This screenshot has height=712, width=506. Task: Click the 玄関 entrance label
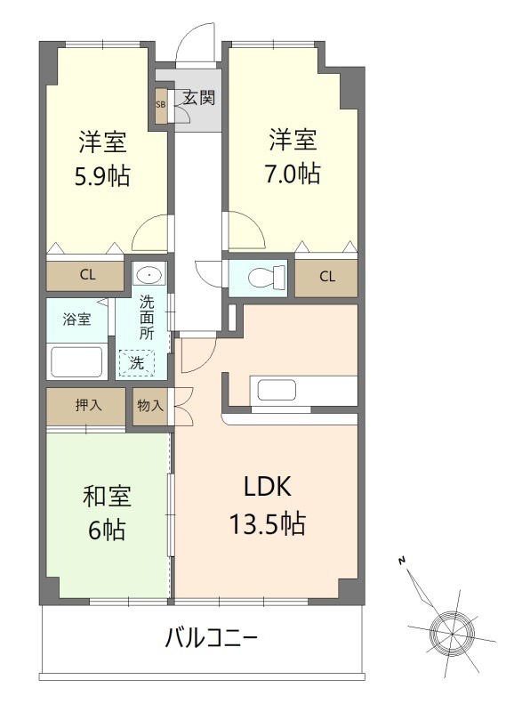(x=199, y=96)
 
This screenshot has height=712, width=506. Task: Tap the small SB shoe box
(x=161, y=104)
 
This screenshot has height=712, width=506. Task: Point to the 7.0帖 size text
(x=293, y=174)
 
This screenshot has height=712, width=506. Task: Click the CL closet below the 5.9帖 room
(x=87, y=274)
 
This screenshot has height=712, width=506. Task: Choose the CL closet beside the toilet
(x=327, y=276)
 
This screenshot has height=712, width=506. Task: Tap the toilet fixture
(x=263, y=278)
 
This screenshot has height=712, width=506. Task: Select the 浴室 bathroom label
(x=76, y=318)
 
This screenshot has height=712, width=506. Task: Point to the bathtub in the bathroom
(x=76, y=364)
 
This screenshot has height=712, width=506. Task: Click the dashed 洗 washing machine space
(x=137, y=362)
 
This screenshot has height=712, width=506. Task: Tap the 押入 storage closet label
(x=87, y=406)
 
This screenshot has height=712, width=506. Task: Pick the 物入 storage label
(x=150, y=406)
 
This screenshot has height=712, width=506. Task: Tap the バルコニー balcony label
(x=211, y=638)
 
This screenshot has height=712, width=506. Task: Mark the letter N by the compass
(x=402, y=561)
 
